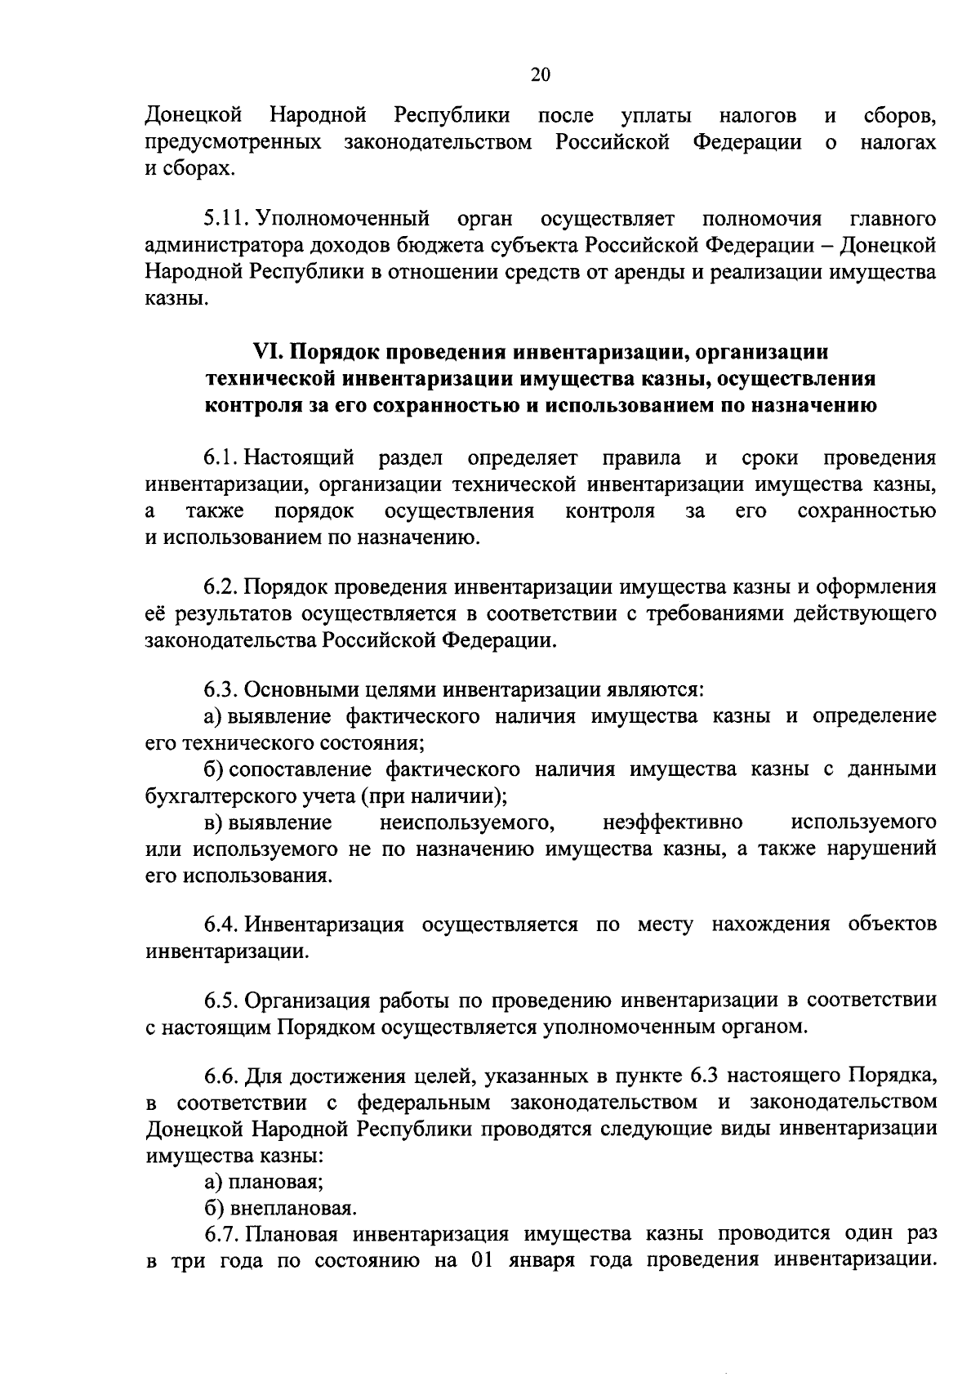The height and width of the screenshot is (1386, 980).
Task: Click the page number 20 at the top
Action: click(x=541, y=75)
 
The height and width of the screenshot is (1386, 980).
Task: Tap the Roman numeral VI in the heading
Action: click(x=269, y=352)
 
